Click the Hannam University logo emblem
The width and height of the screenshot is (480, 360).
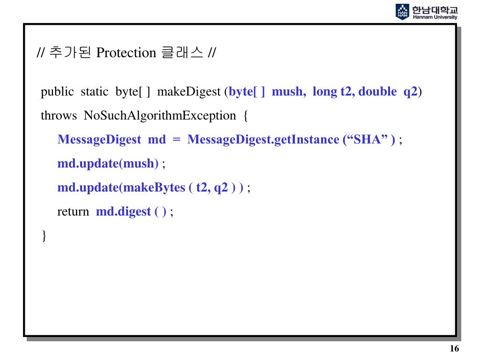coord(402,11)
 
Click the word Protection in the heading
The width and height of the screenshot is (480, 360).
coord(126,53)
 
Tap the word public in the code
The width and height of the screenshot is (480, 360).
coord(57,91)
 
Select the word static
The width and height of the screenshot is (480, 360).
coord(94,91)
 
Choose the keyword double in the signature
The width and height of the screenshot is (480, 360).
coord(377,91)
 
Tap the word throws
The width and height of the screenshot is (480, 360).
coord(59,115)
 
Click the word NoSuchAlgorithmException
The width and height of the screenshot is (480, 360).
coord(160,115)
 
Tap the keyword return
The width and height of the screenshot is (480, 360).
coord(73,211)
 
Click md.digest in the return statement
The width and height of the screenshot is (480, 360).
coord(123,211)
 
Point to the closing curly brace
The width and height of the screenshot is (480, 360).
coord(44,235)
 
